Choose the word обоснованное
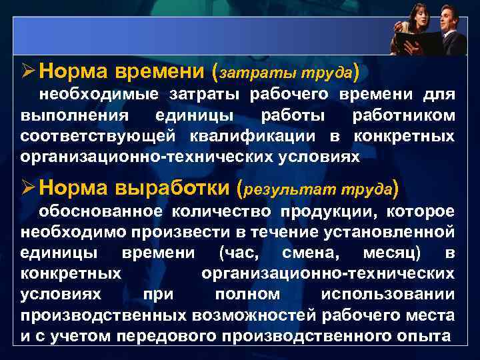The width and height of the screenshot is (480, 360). [x=100, y=212]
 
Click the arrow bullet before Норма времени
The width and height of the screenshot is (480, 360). [x=27, y=69]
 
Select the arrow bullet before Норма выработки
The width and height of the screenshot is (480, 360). [x=27, y=189]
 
